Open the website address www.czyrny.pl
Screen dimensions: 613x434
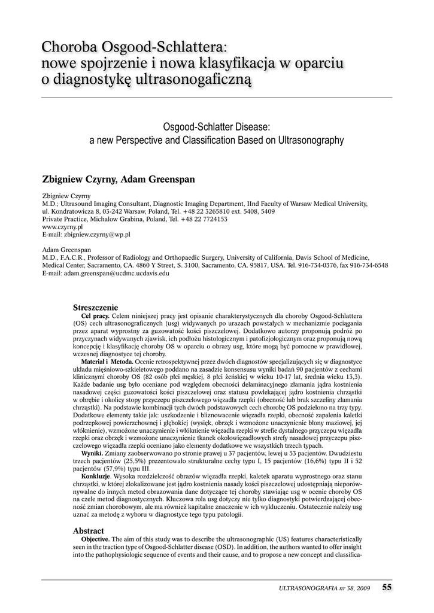point(62,227)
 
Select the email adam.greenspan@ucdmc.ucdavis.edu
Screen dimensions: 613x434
point(105,273)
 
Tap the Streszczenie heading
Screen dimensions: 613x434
point(95,307)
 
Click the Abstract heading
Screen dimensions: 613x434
point(88,530)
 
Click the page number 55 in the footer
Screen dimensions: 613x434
point(387,587)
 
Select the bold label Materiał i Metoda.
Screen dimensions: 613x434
point(107,362)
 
